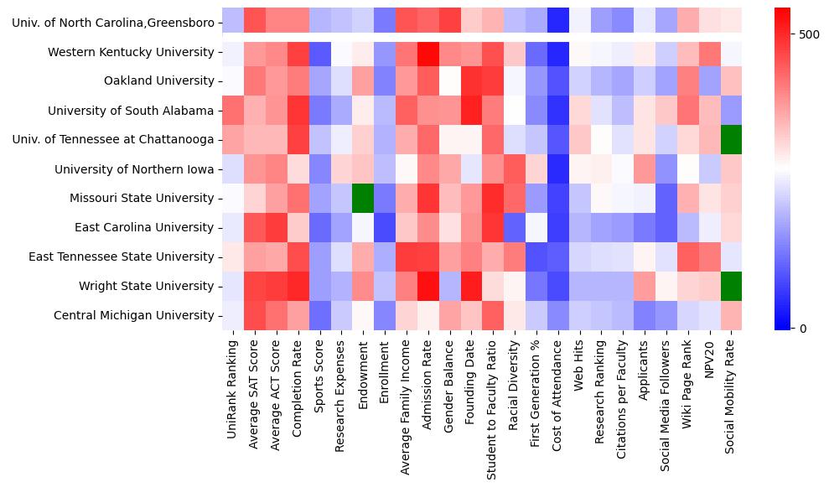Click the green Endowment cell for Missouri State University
click(x=363, y=199)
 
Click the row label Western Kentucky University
click(x=131, y=52)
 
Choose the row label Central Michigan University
click(x=134, y=315)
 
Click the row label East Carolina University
click(x=144, y=227)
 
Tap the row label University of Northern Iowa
click(x=134, y=169)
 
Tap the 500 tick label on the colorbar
click(x=810, y=34)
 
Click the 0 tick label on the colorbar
click(x=803, y=328)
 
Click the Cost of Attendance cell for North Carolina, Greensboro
click(x=558, y=23)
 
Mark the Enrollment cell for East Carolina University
click(x=385, y=227)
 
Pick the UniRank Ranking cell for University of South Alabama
click(x=232, y=111)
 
